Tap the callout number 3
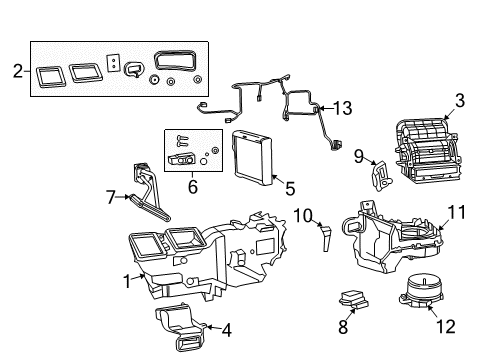point(459,101)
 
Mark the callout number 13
point(343,107)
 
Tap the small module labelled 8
point(351,297)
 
